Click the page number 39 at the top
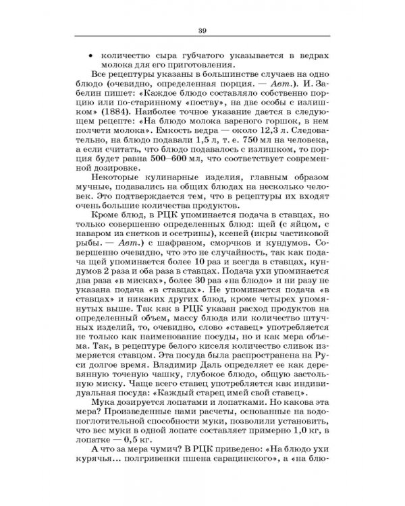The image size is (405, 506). (202, 29)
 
